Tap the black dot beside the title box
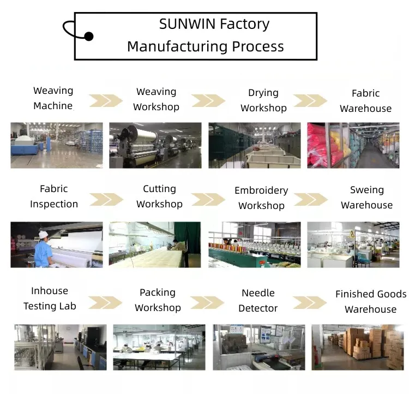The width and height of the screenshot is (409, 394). (x=88, y=37)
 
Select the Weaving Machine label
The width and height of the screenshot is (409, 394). (x=53, y=98)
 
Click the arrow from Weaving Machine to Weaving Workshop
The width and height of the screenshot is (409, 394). (x=106, y=100)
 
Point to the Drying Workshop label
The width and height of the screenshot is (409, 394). (x=263, y=100)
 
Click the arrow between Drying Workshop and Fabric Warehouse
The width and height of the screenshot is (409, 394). (x=310, y=101)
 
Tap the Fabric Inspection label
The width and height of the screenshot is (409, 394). (x=54, y=196)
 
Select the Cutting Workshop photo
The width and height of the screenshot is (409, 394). (x=155, y=244)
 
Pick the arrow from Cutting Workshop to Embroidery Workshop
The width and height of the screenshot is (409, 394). (x=207, y=199)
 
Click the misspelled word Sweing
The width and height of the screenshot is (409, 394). (x=367, y=190)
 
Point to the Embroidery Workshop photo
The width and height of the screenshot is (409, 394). (x=254, y=244)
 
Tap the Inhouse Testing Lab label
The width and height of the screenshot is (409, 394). (x=50, y=299)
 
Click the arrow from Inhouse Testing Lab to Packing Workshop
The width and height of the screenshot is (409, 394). (x=105, y=302)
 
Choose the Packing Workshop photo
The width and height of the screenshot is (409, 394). (x=159, y=348)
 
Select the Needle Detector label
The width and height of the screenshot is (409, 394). (x=258, y=301)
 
